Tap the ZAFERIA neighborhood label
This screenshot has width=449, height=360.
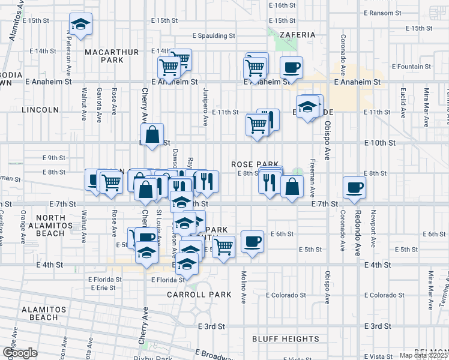(297, 35)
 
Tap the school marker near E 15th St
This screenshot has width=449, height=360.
(80, 25)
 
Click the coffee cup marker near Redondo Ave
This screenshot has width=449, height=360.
(354, 187)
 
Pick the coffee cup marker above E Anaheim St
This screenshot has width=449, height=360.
(291, 67)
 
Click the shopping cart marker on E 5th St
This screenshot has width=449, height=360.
(223, 245)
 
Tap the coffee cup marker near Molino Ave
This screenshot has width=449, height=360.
(252, 241)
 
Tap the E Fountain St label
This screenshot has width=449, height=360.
(411, 67)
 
